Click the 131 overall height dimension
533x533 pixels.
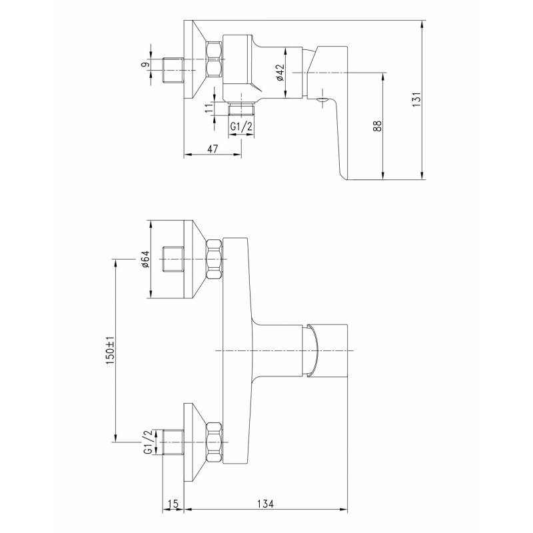click(416, 99)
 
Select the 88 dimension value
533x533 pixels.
click(377, 126)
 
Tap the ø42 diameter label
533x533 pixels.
click(280, 73)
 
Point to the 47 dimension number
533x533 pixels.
click(213, 149)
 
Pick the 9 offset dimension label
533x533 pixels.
click(145, 65)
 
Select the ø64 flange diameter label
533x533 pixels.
click(145, 259)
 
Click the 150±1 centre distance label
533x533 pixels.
click(110, 351)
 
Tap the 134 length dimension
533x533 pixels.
click(265, 504)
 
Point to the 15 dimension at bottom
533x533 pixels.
click(173, 504)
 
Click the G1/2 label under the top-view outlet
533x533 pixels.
click(242, 127)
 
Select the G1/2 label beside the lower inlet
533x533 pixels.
click(147, 442)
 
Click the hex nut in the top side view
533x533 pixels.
click(214, 59)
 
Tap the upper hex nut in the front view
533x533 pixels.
click(215, 259)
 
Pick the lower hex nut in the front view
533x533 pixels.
click(214, 442)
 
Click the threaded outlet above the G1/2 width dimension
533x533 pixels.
click(242, 109)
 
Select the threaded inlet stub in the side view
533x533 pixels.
click(173, 71)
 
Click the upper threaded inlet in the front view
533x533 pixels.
click(173, 259)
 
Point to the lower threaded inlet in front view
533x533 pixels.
click(173, 442)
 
